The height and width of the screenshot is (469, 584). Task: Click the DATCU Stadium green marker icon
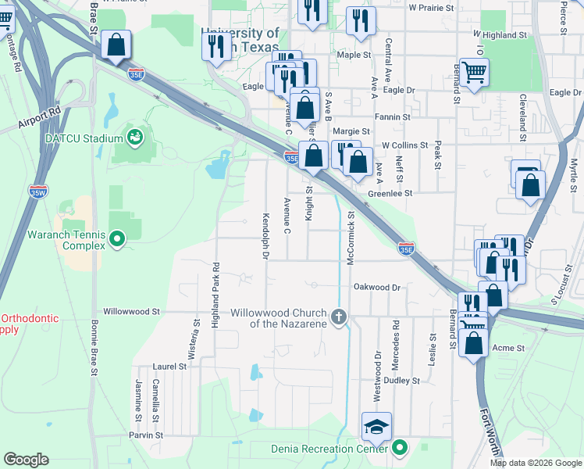tap(136, 138)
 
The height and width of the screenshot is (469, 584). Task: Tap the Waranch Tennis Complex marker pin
tap(117, 238)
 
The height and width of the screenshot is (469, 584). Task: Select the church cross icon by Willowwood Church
tap(338, 317)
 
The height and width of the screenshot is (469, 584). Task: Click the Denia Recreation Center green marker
tap(400, 448)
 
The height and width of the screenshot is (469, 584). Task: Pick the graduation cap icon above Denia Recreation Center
tap(376, 427)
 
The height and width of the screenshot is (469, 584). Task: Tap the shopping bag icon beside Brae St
tap(116, 46)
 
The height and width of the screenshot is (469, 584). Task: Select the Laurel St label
tap(170, 366)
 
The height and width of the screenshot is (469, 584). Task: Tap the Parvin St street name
tap(146, 435)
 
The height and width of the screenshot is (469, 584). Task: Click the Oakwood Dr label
tap(377, 288)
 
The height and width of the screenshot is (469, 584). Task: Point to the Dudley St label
tap(402, 381)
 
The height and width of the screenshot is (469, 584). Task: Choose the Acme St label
tap(508, 348)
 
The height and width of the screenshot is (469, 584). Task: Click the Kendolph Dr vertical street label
tap(265, 235)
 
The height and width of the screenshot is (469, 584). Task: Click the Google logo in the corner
tap(27, 460)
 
